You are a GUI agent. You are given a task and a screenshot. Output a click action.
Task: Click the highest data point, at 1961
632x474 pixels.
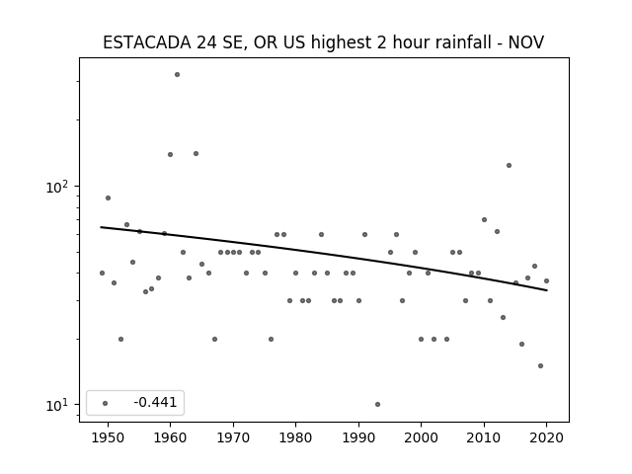point(177,75)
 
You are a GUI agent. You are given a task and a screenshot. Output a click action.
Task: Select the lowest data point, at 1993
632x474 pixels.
point(377,404)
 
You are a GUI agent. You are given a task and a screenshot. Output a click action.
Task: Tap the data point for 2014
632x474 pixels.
point(510,165)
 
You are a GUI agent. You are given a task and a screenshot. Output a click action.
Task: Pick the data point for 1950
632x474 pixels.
point(108,197)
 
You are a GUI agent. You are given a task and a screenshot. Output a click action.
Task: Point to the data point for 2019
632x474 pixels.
point(540,366)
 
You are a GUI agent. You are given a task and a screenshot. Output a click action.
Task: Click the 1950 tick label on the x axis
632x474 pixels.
point(108,437)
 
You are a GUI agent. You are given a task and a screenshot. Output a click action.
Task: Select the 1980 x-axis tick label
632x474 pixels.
point(296,437)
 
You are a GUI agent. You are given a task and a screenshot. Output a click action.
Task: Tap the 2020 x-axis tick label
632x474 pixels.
point(546,437)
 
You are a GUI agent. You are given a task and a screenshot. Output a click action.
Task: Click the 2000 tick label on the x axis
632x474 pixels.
point(422,437)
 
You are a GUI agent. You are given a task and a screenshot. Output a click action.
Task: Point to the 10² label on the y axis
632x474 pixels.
point(57,187)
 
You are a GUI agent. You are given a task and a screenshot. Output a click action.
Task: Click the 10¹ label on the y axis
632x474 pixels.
point(57,405)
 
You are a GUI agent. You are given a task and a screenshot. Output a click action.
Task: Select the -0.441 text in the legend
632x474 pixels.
point(155,402)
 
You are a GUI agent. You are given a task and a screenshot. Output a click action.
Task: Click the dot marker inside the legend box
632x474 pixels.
point(106,403)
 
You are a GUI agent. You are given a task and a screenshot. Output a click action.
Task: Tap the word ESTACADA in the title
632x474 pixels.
point(147,42)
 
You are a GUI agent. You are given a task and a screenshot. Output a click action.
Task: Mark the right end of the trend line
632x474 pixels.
point(547,290)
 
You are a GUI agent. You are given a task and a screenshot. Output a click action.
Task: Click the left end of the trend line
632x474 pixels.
point(101,227)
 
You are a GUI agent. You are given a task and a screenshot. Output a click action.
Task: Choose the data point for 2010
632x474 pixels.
point(484,219)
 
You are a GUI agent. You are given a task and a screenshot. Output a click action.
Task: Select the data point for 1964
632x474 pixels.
point(196,154)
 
